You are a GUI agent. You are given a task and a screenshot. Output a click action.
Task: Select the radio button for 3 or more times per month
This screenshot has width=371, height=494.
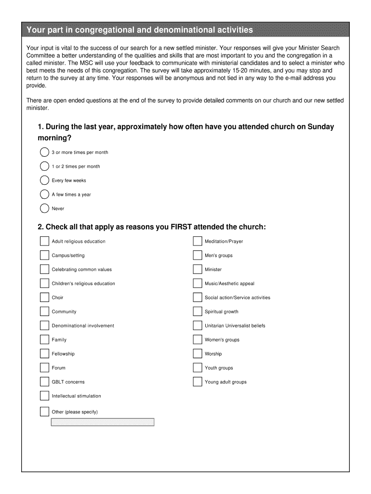(x=44, y=152)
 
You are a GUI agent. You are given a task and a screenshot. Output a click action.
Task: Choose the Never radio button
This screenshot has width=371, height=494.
(x=44, y=208)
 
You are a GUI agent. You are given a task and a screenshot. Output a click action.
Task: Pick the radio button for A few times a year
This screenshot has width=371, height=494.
(x=44, y=194)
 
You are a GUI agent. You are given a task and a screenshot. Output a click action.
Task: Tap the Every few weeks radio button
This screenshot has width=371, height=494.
(x=44, y=180)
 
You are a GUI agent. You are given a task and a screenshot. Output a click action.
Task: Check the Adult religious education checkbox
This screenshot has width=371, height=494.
(x=44, y=241)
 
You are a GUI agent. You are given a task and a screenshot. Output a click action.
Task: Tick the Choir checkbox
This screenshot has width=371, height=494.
(x=44, y=297)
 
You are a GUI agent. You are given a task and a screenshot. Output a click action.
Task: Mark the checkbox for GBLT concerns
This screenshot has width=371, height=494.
(x=44, y=382)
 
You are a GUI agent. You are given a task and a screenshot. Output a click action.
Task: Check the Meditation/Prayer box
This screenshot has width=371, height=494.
(x=197, y=241)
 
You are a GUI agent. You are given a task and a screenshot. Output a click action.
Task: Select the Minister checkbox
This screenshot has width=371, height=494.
(x=197, y=269)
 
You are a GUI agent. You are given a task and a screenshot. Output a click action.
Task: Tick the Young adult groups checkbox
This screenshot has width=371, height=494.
(x=197, y=382)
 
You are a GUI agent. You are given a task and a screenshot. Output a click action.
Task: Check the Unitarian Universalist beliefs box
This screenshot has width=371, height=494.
(x=197, y=326)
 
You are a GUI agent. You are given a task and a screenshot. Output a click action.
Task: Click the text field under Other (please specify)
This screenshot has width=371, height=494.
(x=103, y=422)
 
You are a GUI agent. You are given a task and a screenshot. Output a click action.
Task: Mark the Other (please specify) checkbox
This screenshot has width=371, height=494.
(x=44, y=412)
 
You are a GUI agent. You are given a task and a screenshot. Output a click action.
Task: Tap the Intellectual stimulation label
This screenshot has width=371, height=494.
(x=77, y=396)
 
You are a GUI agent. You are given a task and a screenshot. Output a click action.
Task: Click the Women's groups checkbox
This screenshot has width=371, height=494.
(x=197, y=340)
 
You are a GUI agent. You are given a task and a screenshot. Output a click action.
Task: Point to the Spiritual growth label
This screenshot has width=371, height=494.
(x=222, y=312)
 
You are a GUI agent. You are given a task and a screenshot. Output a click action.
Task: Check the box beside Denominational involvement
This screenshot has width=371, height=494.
(x=44, y=326)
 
